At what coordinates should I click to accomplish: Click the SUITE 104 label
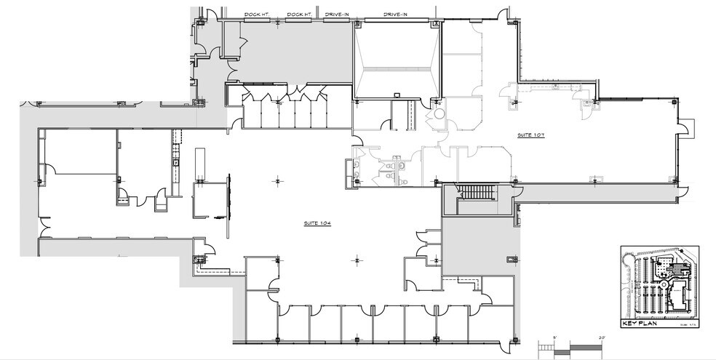(317, 223)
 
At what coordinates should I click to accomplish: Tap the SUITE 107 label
(531, 136)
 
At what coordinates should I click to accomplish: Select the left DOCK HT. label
(256, 13)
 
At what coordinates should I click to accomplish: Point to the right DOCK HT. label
(299, 13)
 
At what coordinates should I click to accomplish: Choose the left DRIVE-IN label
(337, 13)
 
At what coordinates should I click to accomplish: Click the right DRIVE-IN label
(396, 13)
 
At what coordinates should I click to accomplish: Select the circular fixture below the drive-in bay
(439, 113)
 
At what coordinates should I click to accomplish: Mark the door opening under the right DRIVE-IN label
(396, 20)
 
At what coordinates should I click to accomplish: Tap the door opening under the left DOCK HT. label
(256, 20)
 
